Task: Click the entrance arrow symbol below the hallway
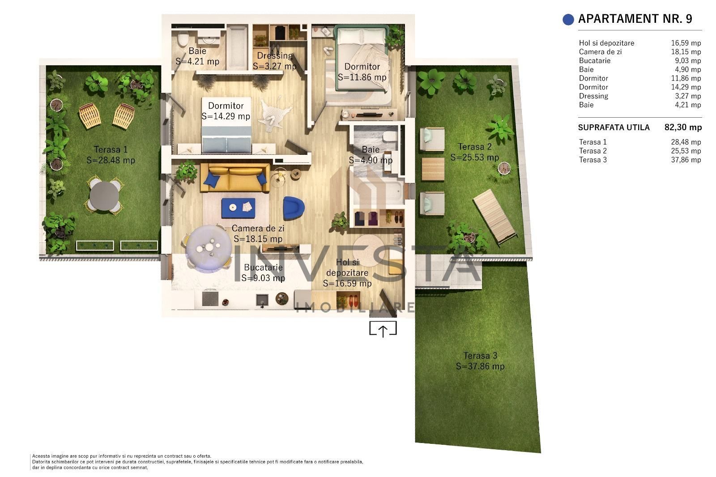383,330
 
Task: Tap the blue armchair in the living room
294,208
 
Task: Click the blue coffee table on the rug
238,208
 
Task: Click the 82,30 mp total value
683,128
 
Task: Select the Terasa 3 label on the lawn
480,356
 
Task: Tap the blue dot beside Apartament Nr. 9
568,19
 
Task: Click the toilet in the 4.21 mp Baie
182,40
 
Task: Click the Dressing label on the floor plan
275,56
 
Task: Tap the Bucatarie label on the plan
263,268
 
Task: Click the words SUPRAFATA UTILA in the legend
614,128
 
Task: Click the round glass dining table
209,248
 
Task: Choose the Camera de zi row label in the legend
600,52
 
